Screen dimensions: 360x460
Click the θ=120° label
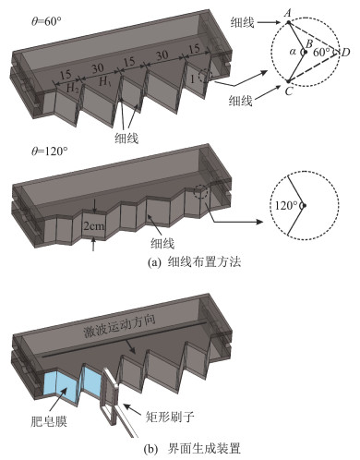tap(49, 151)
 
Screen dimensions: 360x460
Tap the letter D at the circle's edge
tap(345, 53)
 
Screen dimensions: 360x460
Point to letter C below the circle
tap(288, 91)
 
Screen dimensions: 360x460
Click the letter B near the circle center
tap(309, 43)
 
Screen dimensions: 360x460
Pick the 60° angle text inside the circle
tap(321, 53)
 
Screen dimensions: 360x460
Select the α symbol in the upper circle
tap(293, 52)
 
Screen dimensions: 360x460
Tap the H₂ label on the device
tap(73, 89)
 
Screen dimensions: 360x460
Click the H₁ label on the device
tap(104, 81)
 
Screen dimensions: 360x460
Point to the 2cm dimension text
tap(94, 226)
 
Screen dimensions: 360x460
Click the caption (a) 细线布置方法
tap(195, 262)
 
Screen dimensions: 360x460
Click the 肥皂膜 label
tap(49, 421)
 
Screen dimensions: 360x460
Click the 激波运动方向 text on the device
tap(119, 327)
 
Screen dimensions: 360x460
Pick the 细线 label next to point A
tap(243, 22)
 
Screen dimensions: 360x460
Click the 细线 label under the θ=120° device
tap(162, 244)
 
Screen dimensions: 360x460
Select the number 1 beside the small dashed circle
tap(192, 79)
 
